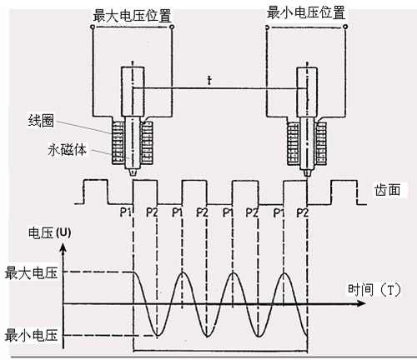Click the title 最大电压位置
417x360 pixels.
coord(132,16)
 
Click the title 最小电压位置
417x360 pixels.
coord(306,13)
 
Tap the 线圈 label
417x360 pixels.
coord(41,121)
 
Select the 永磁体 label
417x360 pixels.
coord(68,150)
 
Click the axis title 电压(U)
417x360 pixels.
coord(49,232)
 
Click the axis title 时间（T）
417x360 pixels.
coord(374,289)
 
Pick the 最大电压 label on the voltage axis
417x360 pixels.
coord(31,273)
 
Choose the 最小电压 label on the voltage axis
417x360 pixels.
coord(31,335)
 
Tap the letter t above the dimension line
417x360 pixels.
coord(209,81)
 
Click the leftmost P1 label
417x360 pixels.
coord(125,212)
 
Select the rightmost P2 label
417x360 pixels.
coord(303,213)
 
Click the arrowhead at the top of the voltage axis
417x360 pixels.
coord(63,246)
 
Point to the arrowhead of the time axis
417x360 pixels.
coord(361,303)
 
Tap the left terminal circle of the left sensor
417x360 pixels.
coord(93,27)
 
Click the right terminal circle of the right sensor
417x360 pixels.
coord(345,27)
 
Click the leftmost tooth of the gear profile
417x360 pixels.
coord(96,192)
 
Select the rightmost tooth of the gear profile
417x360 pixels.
coord(344,192)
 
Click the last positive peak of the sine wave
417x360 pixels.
coord(284,273)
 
